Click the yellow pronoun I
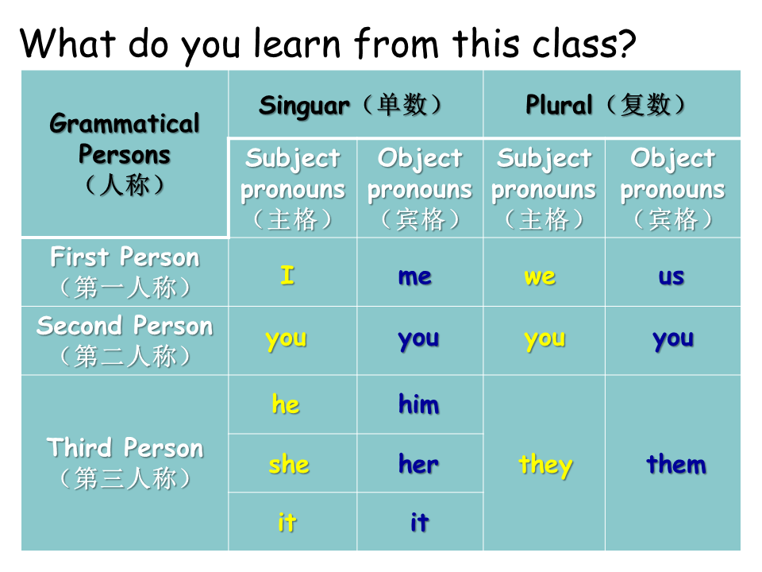click(287, 275)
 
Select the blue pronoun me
click(414, 276)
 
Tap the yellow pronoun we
click(540, 276)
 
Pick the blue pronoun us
click(672, 276)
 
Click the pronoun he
click(285, 404)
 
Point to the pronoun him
click(418, 404)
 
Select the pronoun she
click(289, 463)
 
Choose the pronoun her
click(418, 463)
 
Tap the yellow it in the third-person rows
click(287, 522)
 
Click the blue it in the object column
click(419, 522)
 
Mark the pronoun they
click(545, 465)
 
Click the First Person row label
click(125, 272)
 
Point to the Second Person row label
click(125, 341)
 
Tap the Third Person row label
click(125, 462)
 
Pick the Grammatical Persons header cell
click(125, 153)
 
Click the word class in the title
click(584, 44)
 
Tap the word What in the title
click(67, 43)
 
